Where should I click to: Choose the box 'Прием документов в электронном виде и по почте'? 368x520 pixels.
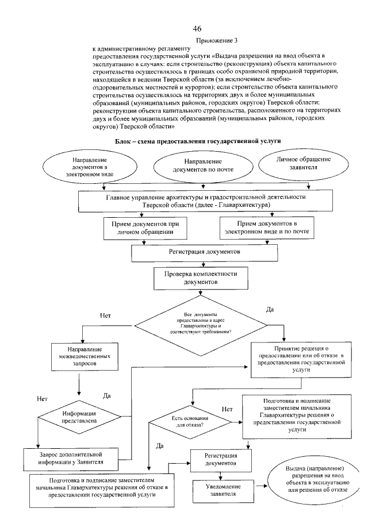(x=271, y=229)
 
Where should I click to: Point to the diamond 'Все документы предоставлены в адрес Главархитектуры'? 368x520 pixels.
(x=200, y=325)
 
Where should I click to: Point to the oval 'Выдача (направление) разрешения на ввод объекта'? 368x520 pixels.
(x=310, y=478)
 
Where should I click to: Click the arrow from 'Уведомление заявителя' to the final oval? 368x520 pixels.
(x=258, y=486)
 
